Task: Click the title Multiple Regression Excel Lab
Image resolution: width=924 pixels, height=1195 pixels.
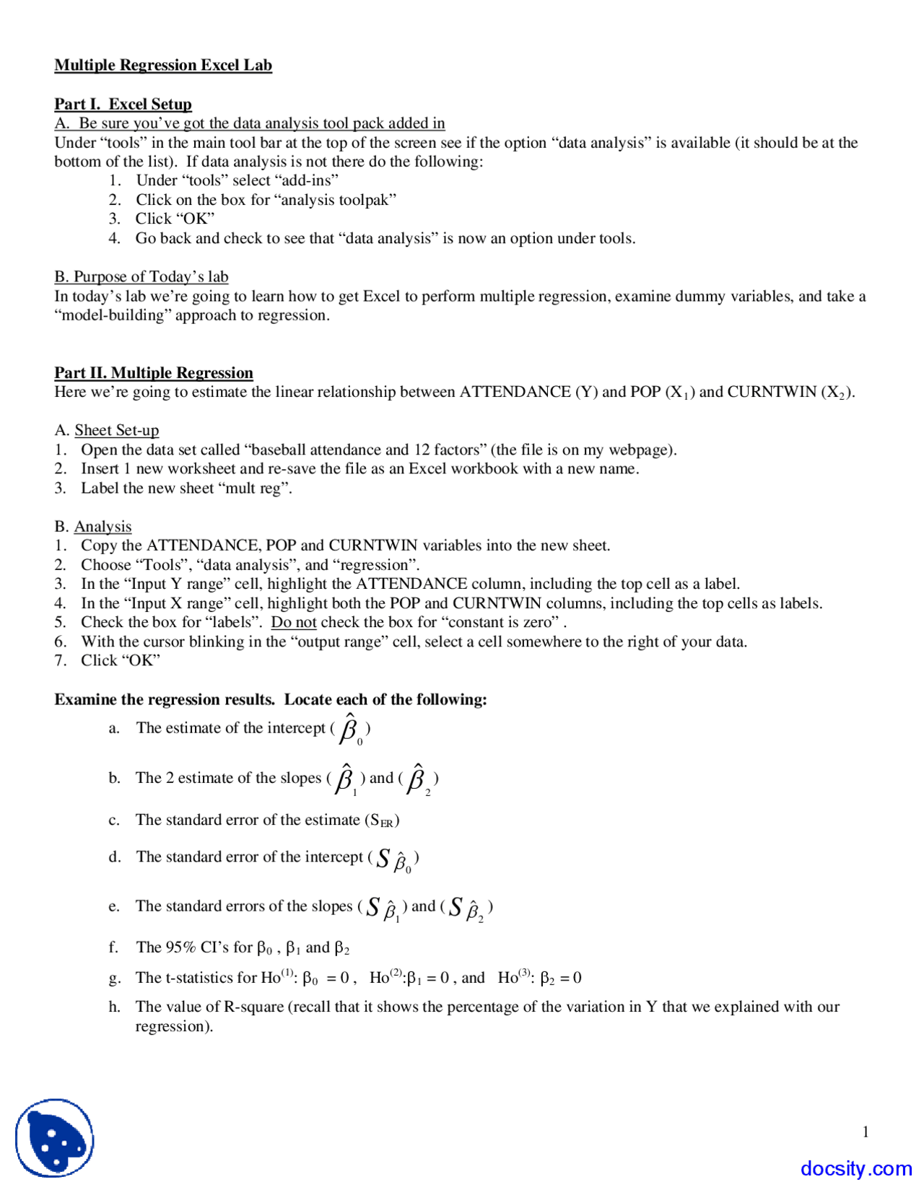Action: click(163, 65)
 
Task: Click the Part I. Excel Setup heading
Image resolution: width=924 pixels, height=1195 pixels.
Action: click(123, 104)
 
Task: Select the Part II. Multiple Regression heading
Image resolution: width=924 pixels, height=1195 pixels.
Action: click(154, 372)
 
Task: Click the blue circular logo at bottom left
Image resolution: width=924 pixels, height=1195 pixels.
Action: click(55, 1138)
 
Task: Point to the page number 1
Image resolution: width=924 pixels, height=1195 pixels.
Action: click(866, 1131)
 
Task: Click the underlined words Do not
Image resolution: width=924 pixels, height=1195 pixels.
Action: click(294, 622)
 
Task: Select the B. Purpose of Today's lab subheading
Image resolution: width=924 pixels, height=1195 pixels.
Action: click(141, 276)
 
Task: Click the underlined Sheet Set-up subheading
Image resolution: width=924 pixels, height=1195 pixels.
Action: click(116, 430)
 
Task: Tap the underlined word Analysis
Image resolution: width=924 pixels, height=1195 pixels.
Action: click(103, 526)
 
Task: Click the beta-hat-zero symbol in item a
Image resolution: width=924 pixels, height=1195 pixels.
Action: click(351, 729)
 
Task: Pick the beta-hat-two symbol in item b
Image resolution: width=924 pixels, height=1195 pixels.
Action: click(418, 779)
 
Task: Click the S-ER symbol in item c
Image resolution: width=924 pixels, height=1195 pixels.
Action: click(382, 820)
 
